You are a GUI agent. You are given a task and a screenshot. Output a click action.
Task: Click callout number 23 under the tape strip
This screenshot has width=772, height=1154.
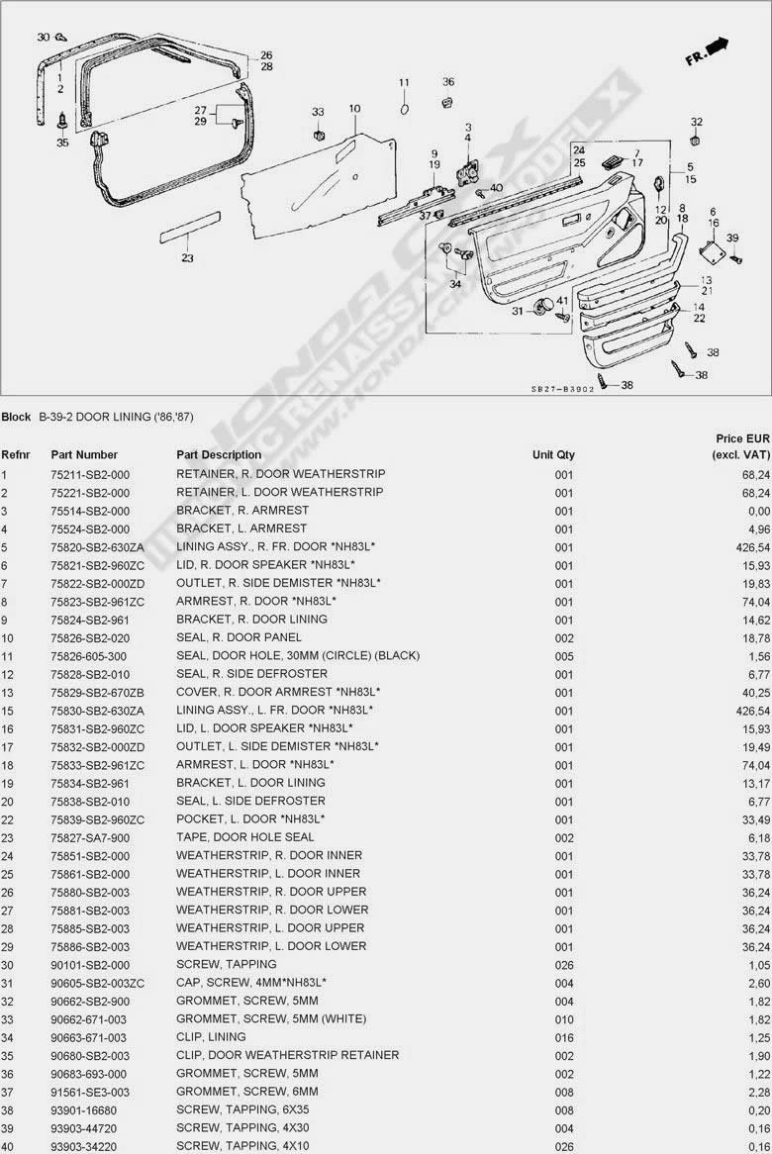187,258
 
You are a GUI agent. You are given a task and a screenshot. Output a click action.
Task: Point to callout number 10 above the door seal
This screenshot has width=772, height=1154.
354,108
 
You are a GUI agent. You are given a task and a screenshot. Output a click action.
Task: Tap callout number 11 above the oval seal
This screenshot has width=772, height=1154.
404,82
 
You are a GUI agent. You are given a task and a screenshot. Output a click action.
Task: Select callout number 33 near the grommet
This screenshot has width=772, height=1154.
318,112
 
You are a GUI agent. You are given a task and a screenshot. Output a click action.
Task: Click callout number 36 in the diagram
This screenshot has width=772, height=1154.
447,82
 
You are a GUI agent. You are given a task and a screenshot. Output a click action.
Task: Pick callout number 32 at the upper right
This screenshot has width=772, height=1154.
696,122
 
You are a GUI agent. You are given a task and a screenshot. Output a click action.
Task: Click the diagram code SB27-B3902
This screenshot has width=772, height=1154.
562,389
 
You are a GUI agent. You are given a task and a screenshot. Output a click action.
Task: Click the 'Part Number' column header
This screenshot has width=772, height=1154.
84,455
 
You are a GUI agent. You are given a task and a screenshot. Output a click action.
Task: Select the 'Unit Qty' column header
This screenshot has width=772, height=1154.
553,455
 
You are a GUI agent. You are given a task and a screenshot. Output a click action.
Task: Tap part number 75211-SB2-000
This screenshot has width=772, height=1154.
90,474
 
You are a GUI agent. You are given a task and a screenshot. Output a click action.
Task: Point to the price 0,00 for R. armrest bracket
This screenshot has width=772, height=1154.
759,511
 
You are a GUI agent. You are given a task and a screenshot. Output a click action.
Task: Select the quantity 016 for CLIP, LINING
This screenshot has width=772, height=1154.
564,1037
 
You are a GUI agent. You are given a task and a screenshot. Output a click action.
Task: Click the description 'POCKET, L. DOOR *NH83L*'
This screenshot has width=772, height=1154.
250,819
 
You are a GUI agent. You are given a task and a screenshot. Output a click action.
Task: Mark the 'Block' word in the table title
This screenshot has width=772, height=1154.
16,417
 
